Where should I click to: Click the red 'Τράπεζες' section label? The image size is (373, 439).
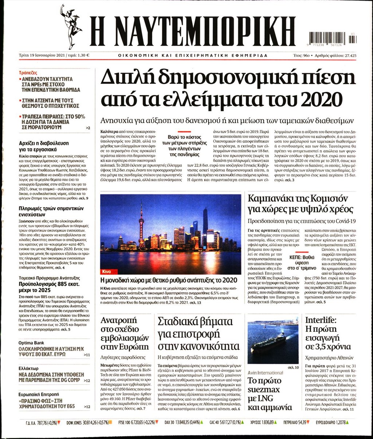point(28,73)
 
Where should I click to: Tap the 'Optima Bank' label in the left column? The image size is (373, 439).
point(31,343)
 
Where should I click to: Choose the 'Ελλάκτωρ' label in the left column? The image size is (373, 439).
point(28,368)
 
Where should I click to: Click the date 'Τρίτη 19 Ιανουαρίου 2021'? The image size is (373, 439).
point(43,55)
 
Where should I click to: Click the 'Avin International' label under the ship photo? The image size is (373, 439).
point(265,373)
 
